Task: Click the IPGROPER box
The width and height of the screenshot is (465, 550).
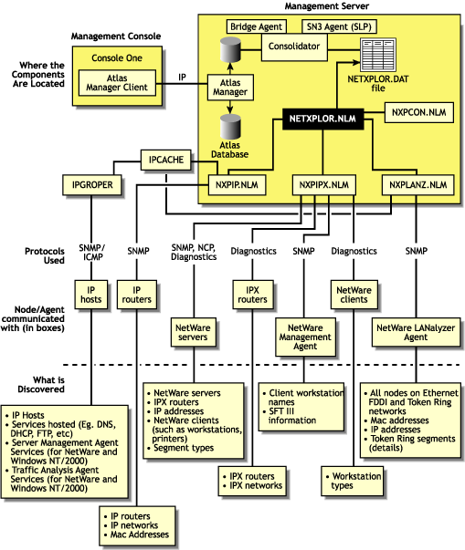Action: pos(90,185)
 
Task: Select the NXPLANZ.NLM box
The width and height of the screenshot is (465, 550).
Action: pos(417,185)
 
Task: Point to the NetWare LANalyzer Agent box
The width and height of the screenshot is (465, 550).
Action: pos(417,333)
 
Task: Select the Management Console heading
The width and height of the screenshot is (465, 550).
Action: pos(116,36)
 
